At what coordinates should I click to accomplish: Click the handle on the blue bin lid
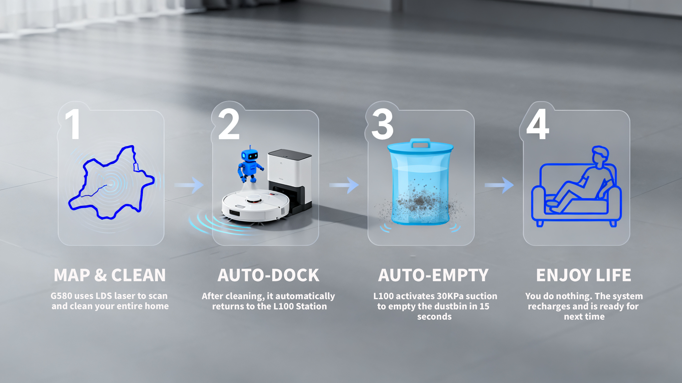[x=421, y=143]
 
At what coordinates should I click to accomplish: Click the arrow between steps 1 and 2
[x=189, y=185]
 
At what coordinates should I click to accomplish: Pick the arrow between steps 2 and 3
[x=344, y=185]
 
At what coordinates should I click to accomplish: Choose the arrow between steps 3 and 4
[x=499, y=185]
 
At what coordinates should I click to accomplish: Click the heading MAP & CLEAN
[x=110, y=275]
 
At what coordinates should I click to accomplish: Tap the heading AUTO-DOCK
[x=269, y=275]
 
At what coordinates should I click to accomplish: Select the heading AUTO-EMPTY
[x=433, y=275]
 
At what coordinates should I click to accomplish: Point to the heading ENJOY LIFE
[x=584, y=275]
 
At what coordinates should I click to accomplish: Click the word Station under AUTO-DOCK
[x=311, y=306]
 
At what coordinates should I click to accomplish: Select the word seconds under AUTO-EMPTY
[x=434, y=317]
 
